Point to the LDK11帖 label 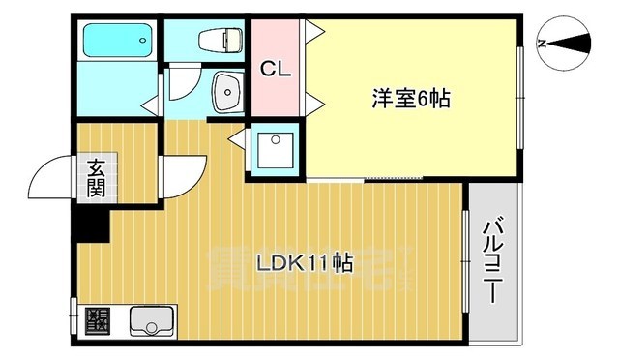pos(304,261)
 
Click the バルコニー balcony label pos(492,262)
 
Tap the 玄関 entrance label pos(98,177)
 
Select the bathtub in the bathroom pos(116,42)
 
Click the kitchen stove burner pos(98,319)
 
